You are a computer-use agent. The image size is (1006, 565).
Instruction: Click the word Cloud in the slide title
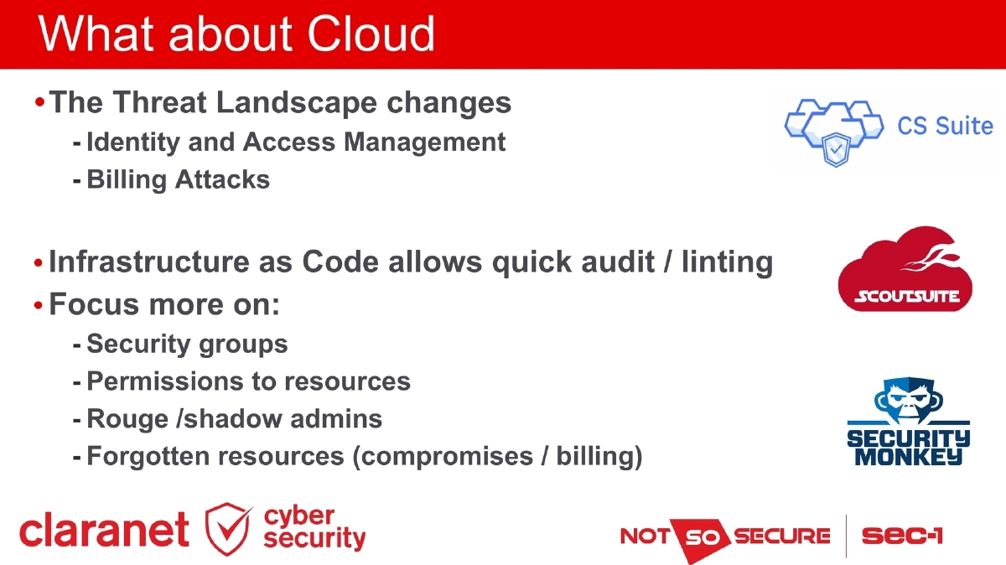pyautogui.click(x=371, y=34)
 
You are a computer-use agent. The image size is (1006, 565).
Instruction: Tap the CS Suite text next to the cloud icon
pyautogui.click(x=945, y=127)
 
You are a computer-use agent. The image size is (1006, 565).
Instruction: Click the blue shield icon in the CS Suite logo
pyautogui.click(x=837, y=149)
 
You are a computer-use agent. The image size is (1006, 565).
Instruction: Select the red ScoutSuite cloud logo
pyautogui.click(x=905, y=270)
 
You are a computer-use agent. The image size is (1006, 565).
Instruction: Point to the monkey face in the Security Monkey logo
pyautogui.click(x=908, y=399)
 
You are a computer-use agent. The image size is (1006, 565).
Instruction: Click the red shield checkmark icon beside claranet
pyautogui.click(x=228, y=530)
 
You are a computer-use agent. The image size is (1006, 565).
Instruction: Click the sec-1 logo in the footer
pyautogui.click(x=902, y=536)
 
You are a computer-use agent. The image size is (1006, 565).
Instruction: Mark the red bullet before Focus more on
pyautogui.click(x=38, y=305)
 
